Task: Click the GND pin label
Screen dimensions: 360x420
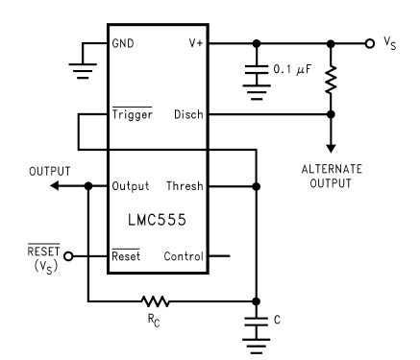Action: pos(124,44)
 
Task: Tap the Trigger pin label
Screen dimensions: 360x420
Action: pos(133,114)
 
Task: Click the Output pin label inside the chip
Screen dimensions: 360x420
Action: pos(130,186)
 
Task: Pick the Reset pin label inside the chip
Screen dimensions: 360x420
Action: pos(127,256)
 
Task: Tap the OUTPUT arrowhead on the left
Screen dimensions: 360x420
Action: pos(55,185)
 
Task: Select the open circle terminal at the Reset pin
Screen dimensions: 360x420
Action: pos(68,256)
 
